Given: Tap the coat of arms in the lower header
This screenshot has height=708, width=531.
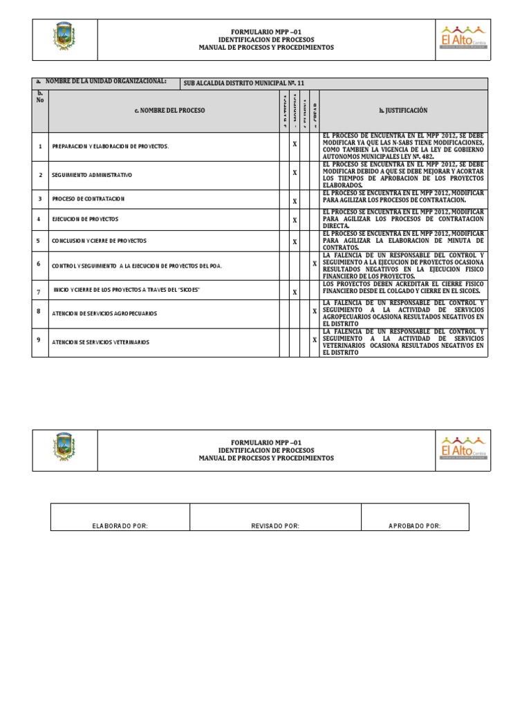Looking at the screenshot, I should click(x=65, y=449).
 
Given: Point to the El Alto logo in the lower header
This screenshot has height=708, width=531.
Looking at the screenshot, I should click(x=464, y=449).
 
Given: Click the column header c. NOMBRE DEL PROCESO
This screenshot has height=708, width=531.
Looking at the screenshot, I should click(x=169, y=111).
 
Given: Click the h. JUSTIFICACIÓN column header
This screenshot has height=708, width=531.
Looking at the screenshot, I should click(x=403, y=111).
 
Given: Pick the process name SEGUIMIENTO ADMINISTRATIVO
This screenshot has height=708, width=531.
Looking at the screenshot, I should click(x=91, y=175).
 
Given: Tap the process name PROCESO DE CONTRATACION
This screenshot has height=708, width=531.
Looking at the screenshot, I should click(x=88, y=199).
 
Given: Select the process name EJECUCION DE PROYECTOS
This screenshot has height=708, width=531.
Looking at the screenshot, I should click(x=85, y=219).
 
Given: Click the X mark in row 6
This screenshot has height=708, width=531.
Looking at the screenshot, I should click(x=315, y=263).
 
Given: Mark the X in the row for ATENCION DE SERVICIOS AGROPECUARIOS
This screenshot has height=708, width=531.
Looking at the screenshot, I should click(x=315, y=311).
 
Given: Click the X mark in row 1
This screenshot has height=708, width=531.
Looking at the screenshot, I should click(x=295, y=145).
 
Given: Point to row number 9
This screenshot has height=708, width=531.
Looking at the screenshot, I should click(x=40, y=340).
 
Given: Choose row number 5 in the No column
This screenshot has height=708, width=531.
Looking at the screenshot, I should click(x=40, y=241).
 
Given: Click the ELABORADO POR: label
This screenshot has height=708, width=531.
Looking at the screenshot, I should click(x=120, y=526).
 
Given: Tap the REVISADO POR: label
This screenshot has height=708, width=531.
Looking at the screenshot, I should click(x=275, y=526).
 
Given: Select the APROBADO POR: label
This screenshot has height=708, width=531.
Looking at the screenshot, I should click(x=415, y=526).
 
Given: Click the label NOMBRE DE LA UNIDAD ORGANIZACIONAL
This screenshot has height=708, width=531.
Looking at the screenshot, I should click(x=105, y=82).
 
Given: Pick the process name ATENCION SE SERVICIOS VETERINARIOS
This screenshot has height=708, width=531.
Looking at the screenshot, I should click(x=100, y=342).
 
